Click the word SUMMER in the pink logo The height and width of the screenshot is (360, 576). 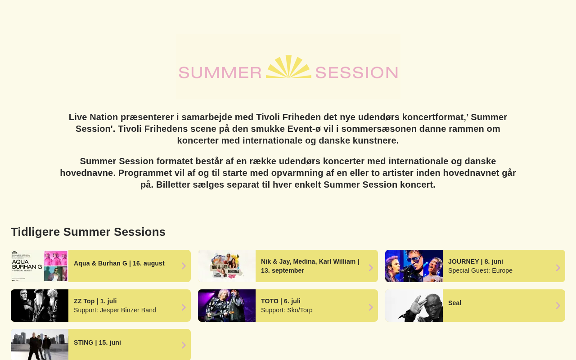pyautogui.click(x=220, y=72)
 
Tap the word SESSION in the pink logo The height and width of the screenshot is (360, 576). pyautogui.click(x=357, y=72)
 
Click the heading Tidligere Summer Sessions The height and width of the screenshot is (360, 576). pyautogui.click(x=88, y=232)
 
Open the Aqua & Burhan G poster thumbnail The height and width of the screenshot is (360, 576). pyautogui.click(x=40, y=266)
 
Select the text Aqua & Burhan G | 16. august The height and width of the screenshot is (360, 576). pyautogui.click(x=119, y=263)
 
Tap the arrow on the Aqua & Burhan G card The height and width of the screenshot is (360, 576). pyautogui.click(x=184, y=266)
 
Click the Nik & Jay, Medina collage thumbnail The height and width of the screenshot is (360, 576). pyautogui.click(x=227, y=266)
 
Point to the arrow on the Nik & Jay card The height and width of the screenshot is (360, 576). pyautogui.click(x=371, y=268)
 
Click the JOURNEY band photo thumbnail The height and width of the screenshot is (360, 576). pyautogui.click(x=414, y=266)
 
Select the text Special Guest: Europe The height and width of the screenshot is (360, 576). pyautogui.click(x=480, y=270)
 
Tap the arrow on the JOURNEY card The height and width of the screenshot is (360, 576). pyautogui.click(x=558, y=268)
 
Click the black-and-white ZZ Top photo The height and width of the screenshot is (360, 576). pyautogui.click(x=40, y=306)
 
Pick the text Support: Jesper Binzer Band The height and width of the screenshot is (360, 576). pyautogui.click(x=115, y=310)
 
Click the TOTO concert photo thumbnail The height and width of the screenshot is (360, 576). pyautogui.click(x=227, y=306)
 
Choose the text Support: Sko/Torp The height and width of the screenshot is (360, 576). pyautogui.click(x=287, y=310)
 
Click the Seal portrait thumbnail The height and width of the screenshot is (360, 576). pyautogui.click(x=414, y=306)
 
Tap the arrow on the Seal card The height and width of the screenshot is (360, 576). pyautogui.click(x=558, y=306)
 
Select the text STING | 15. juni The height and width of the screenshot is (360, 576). pyautogui.click(x=97, y=342)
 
